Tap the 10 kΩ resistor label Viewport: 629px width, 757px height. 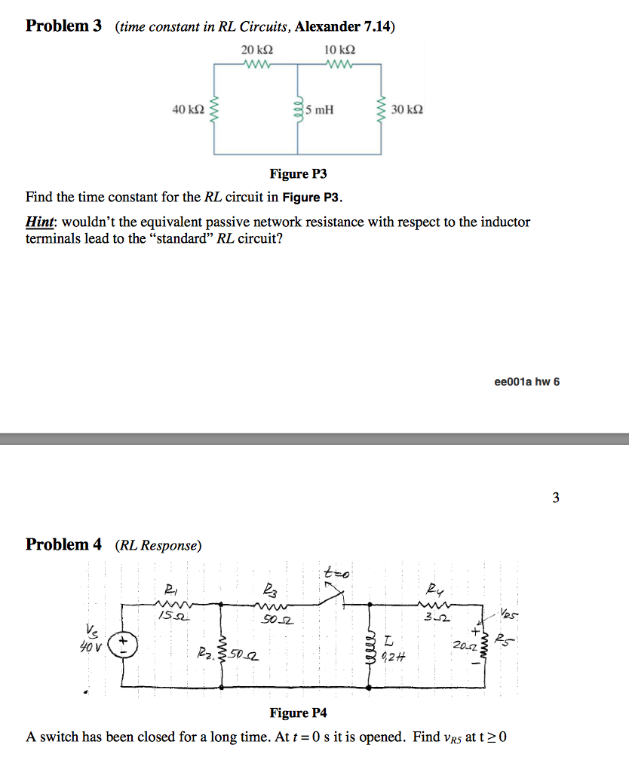click(339, 50)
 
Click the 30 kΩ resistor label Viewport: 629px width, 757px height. click(407, 110)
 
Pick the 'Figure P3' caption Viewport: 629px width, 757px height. click(299, 174)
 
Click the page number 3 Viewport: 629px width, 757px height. click(556, 497)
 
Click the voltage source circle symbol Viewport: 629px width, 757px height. click(123, 643)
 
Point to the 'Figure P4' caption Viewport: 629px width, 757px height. click(299, 713)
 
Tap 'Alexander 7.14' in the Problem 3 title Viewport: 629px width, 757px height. click(343, 27)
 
